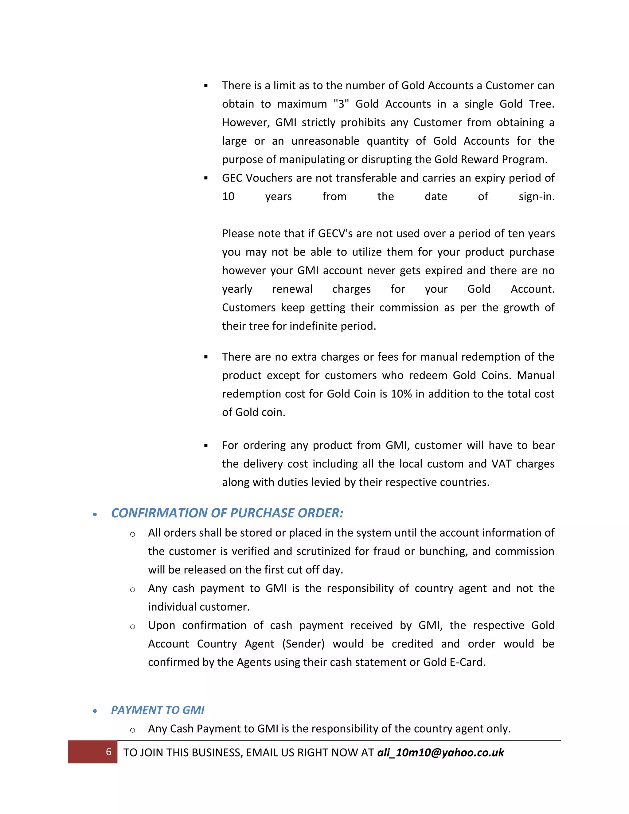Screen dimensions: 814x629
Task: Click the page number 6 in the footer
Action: click(x=108, y=752)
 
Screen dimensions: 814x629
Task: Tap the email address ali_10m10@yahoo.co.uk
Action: click(x=440, y=753)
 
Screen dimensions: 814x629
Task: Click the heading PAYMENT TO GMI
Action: click(x=157, y=710)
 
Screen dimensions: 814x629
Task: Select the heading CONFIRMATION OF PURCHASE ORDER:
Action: click(x=227, y=513)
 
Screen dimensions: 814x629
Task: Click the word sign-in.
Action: click(x=536, y=196)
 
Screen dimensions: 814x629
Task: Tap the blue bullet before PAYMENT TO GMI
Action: click(x=95, y=711)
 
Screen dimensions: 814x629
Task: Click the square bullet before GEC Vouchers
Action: click(x=206, y=178)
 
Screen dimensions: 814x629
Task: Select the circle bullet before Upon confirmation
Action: click(x=132, y=627)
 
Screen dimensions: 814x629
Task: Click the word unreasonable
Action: click(x=325, y=141)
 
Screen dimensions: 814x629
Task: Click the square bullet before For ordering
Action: click(x=206, y=445)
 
